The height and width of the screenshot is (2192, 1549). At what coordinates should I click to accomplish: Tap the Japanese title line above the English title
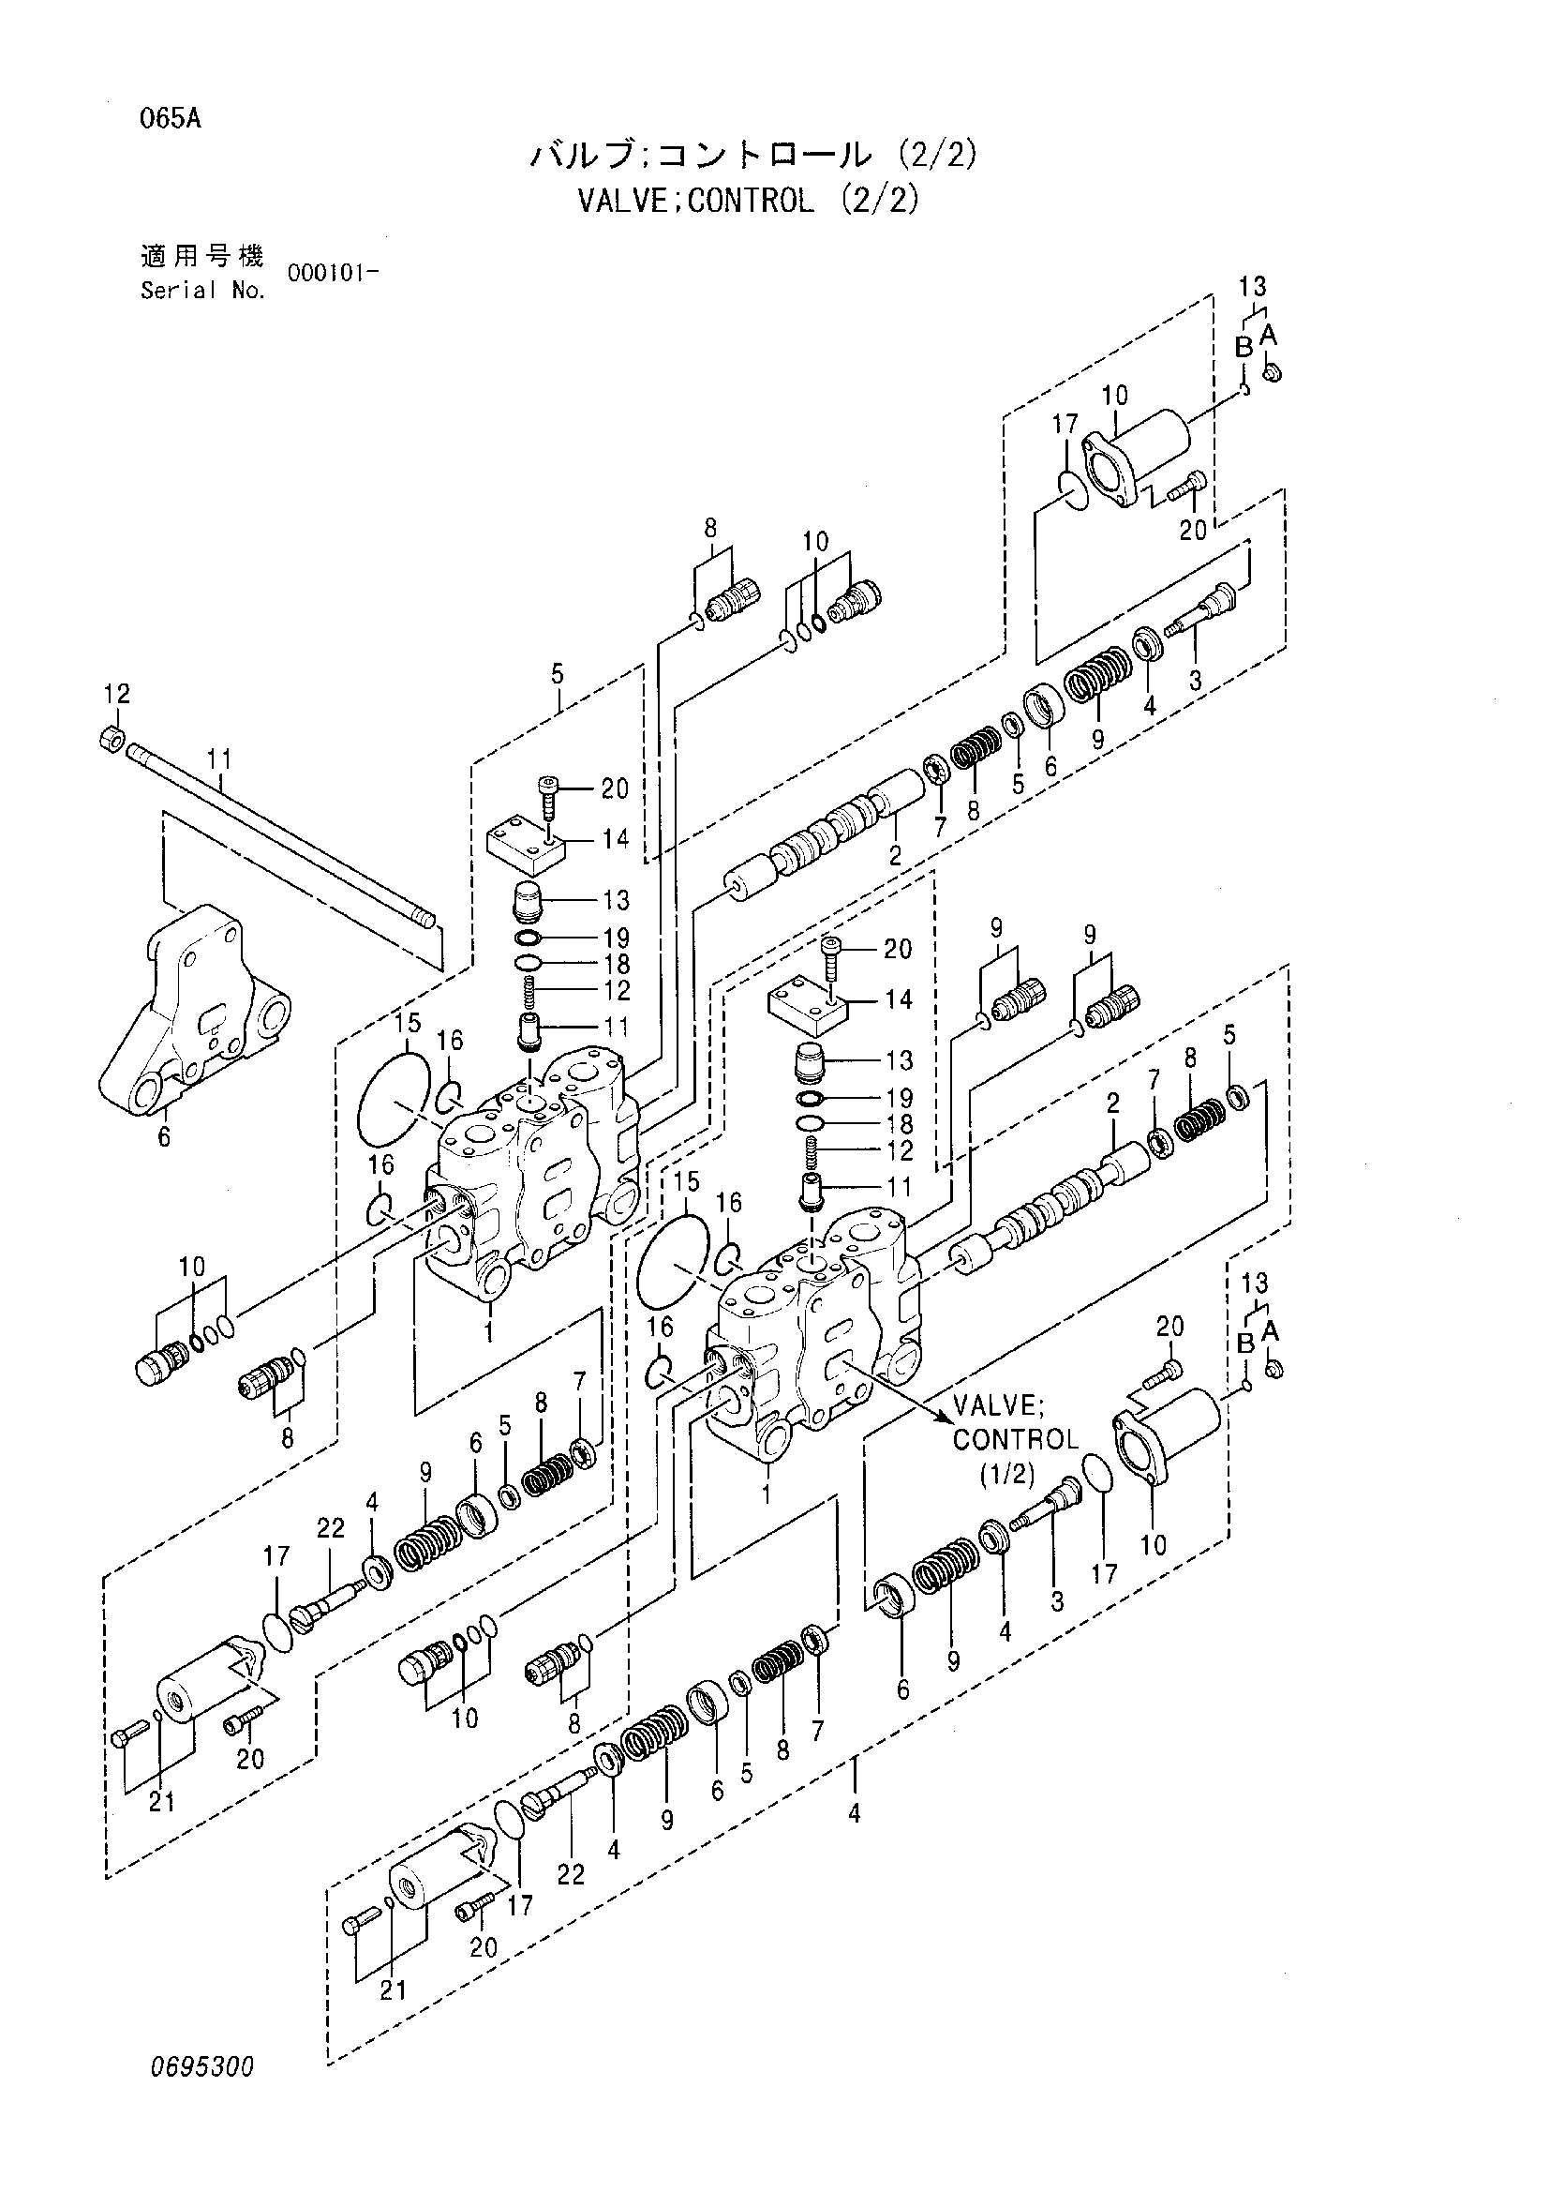(x=753, y=155)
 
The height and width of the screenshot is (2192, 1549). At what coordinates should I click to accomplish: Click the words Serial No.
(x=202, y=292)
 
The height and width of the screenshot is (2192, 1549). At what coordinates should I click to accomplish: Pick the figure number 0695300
(x=201, y=2068)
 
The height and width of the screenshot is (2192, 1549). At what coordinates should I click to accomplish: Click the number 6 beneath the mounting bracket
(x=164, y=1137)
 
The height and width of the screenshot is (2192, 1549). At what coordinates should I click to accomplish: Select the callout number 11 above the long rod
(x=219, y=760)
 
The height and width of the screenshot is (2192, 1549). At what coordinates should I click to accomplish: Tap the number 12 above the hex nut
(x=117, y=693)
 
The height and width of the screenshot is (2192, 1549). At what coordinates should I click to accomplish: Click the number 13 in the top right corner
(x=1253, y=285)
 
